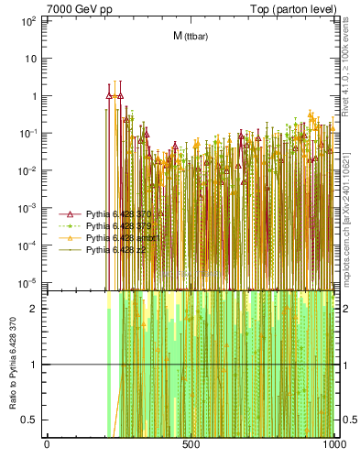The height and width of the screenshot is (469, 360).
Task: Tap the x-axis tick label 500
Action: pos(191,445)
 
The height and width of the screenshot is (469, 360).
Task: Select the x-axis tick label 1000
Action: pos(333,445)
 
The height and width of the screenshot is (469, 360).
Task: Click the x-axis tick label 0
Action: pos(47,445)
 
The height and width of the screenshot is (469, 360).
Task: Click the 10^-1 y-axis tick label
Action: pos(27,133)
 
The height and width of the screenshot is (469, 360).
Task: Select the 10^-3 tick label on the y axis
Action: pos(27,208)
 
